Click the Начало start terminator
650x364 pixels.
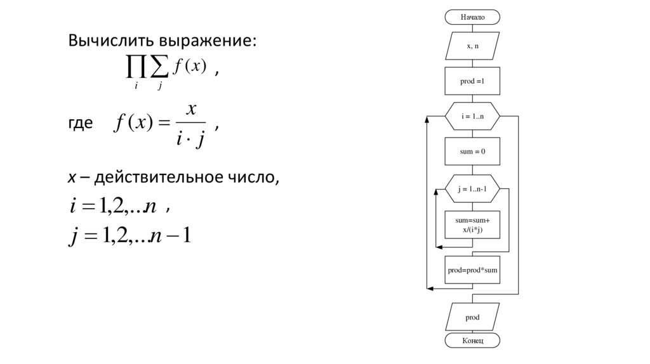pos(472,17)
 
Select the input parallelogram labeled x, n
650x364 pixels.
pos(472,46)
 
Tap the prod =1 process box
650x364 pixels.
pos(472,81)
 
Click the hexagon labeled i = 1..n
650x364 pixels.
pos(472,117)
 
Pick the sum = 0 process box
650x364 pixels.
pos(472,152)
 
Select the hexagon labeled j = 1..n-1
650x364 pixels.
pos(472,189)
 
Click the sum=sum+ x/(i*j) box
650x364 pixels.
pos(472,224)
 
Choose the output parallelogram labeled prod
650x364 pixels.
pos(472,317)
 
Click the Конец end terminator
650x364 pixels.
pos(472,341)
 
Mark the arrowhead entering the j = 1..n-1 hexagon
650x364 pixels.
pos(442,189)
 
